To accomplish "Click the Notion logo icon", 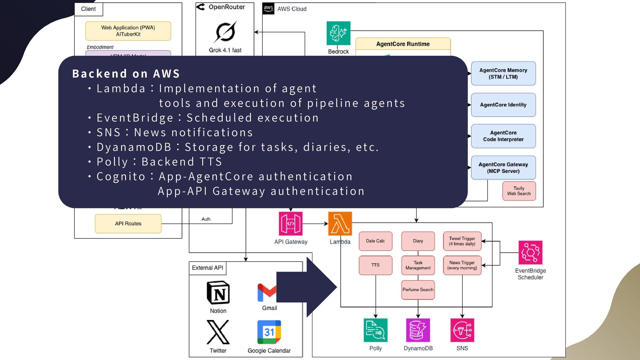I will [218, 293].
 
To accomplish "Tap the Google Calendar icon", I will [269, 332].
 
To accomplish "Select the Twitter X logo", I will [218, 332].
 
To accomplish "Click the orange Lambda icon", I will [340, 224].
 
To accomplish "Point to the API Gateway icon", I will [291, 224].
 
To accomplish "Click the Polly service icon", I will [375, 330].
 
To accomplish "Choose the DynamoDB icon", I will [418, 330].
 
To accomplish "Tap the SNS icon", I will [462, 330].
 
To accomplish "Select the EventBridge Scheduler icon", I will [530, 252].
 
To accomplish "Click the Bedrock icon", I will [338, 33].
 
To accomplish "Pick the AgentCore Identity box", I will [503, 105].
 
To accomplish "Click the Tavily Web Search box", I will [519, 191].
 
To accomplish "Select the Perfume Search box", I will [418, 290].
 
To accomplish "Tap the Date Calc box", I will [375, 241].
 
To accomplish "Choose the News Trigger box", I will [462, 265].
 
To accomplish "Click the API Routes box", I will [128, 224].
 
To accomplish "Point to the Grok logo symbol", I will [225, 32].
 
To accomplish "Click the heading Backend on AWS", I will [126, 74].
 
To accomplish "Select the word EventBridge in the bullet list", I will [135, 118].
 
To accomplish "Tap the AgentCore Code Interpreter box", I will [503, 136].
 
